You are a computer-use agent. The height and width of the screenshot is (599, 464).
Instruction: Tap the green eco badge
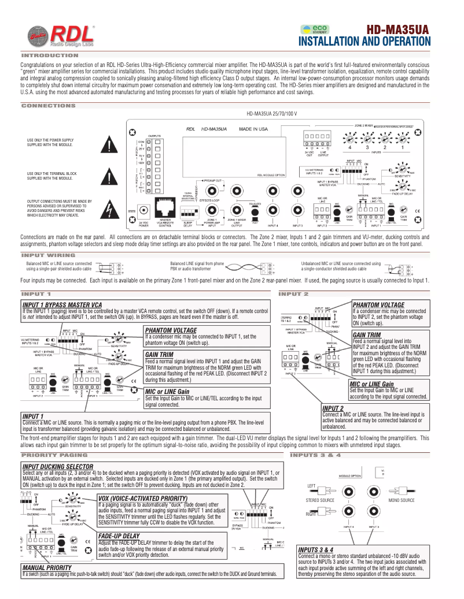click(x=316, y=29)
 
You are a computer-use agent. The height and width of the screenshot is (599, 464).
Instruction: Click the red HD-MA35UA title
click(x=398, y=29)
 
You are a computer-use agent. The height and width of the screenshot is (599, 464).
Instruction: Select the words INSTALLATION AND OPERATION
click(x=364, y=42)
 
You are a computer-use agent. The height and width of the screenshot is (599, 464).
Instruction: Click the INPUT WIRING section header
click(x=48, y=255)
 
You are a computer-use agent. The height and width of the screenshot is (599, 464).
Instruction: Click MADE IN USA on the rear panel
click(x=253, y=129)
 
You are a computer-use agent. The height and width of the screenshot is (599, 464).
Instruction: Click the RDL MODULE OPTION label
click(x=271, y=174)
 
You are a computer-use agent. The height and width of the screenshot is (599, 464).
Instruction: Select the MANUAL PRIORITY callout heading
click(x=47, y=568)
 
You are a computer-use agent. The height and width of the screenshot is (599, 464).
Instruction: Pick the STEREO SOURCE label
click(x=320, y=500)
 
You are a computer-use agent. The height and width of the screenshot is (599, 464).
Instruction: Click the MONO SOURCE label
click(x=402, y=500)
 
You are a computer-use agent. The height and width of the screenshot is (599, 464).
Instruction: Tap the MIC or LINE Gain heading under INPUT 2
click(x=371, y=400)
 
